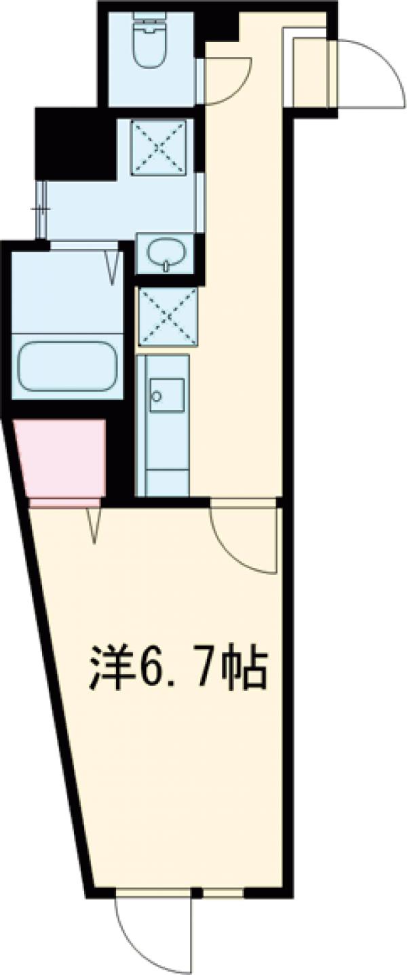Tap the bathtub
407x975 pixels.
point(66,365)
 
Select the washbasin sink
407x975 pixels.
point(165,254)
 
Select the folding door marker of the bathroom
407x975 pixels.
point(113,266)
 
